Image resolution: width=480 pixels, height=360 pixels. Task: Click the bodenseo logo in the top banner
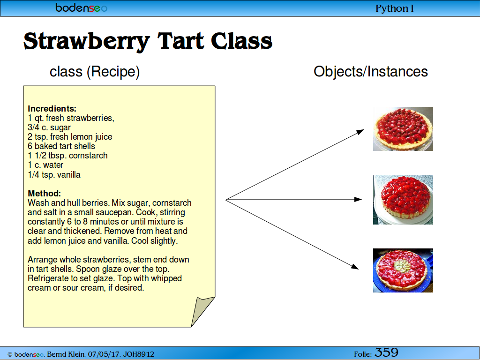tap(82, 7)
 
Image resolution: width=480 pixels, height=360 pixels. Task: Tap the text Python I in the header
tap(395, 8)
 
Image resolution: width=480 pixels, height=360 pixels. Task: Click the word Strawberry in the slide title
tap(87, 42)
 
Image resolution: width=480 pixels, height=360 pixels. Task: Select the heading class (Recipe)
tap(95, 72)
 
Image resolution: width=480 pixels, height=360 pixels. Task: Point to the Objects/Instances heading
tap(371, 72)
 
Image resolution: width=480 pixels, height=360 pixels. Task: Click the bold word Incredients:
tap(52, 109)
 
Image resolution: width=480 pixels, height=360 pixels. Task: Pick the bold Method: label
tap(45, 194)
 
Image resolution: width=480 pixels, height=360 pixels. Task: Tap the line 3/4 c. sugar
tap(49, 127)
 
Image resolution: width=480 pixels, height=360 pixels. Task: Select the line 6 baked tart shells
tap(61, 146)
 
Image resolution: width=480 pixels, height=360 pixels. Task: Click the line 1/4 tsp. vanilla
tap(54, 174)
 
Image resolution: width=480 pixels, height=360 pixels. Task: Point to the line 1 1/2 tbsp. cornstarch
tap(67, 156)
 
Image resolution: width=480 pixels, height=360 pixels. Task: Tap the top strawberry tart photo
tap(403, 129)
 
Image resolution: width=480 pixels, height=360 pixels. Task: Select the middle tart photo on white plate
tap(403, 200)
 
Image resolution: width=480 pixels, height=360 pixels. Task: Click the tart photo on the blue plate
tap(403, 270)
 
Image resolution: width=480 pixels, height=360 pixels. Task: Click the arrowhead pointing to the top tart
tap(360, 132)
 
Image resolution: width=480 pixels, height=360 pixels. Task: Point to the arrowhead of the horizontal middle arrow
tap(358, 200)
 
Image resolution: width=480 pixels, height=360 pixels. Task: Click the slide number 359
tap(386, 352)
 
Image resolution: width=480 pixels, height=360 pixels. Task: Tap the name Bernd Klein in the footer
tap(65, 354)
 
